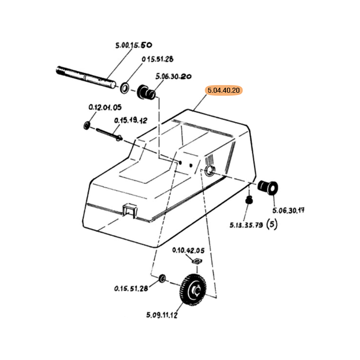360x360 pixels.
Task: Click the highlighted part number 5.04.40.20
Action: tap(224, 90)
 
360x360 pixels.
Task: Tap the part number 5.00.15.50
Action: tap(134, 45)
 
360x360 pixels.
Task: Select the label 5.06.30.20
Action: tap(173, 76)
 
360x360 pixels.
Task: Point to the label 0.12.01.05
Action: tap(105, 107)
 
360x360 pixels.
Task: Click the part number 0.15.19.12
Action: tap(130, 120)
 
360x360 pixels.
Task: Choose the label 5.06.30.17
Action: tap(288, 210)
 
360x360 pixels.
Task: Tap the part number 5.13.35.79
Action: tap(246, 225)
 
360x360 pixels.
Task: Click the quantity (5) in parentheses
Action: tap(272, 224)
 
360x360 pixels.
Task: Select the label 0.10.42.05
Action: tap(188, 250)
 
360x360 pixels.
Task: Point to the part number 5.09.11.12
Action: tap(162, 315)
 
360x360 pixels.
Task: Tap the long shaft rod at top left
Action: tap(86, 77)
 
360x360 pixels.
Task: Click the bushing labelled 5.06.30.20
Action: tap(146, 92)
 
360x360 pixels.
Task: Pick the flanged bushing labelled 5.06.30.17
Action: tap(267, 188)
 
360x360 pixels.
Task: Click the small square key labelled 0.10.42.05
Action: tap(197, 261)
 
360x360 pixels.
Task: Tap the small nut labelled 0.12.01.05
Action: tap(87, 126)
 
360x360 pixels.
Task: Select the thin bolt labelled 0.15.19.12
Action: tap(109, 134)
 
